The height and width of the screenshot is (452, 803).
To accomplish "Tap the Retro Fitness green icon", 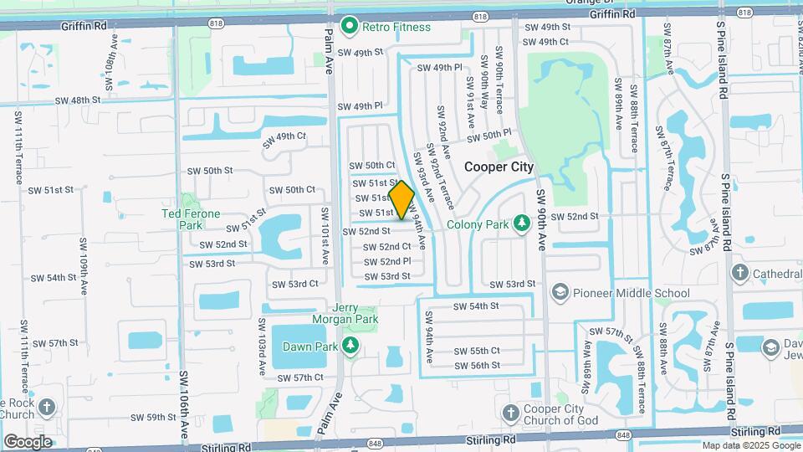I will pyautogui.click(x=351, y=26).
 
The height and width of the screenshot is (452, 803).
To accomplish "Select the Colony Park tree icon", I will pyautogui.click(x=522, y=223).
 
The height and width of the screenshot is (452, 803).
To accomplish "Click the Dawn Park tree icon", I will pyautogui.click(x=352, y=345).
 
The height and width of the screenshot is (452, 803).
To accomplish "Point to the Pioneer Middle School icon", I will pyautogui.click(x=560, y=293).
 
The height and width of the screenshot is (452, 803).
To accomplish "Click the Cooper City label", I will pyautogui.click(x=499, y=167).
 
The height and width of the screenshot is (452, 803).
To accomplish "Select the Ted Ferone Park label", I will pyautogui.click(x=191, y=219).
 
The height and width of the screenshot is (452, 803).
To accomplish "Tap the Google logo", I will pyautogui.click(x=28, y=441).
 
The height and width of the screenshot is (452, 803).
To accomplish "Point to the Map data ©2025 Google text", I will pyautogui.click(x=750, y=445).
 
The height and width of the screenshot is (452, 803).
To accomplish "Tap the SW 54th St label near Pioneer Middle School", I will pyautogui.click(x=476, y=306).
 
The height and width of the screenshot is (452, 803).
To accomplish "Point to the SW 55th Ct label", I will pyautogui.click(x=477, y=351).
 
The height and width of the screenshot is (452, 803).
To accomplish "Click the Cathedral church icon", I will pyautogui.click(x=739, y=273).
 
